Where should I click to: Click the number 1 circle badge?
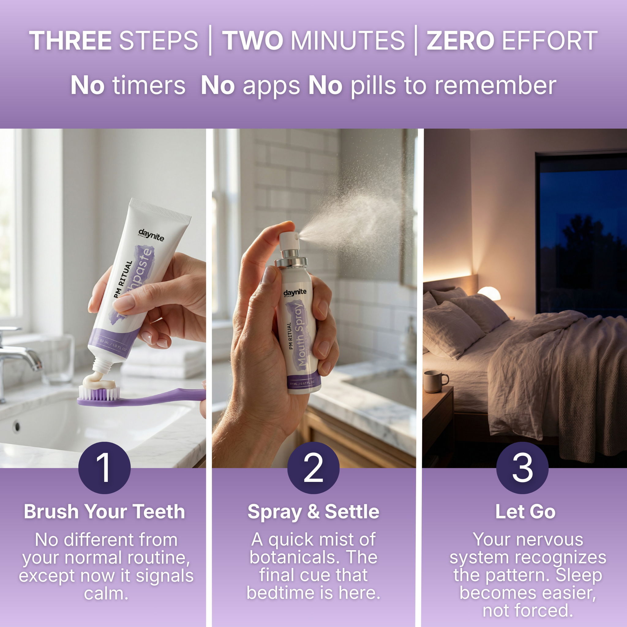(x=104, y=468)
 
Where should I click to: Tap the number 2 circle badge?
(x=313, y=468)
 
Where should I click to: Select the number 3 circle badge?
(x=522, y=468)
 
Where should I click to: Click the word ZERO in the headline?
(x=460, y=41)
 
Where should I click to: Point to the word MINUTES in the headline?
(x=347, y=41)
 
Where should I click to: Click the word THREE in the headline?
(x=70, y=41)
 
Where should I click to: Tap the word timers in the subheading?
(x=148, y=86)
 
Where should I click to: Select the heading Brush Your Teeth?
(x=104, y=512)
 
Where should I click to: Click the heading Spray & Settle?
(x=313, y=512)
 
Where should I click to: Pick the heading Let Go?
(x=525, y=512)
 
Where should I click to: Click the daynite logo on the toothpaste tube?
(x=151, y=235)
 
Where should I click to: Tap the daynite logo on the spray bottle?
(x=295, y=292)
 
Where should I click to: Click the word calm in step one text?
(x=106, y=594)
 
